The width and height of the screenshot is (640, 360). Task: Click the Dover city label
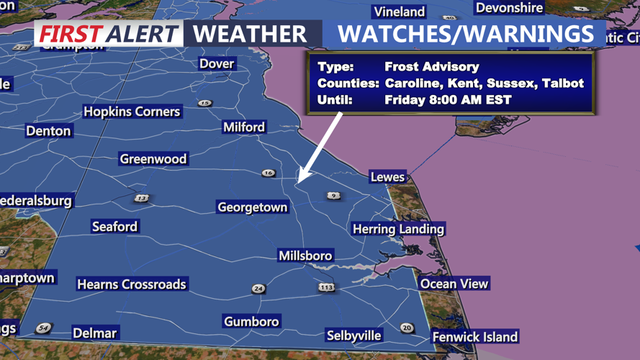click(x=217, y=63)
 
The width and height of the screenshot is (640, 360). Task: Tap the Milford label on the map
click(x=244, y=127)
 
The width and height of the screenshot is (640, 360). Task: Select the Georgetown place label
click(x=253, y=207)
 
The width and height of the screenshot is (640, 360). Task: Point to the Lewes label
click(x=387, y=177)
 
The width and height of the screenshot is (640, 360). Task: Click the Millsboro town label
click(x=306, y=256)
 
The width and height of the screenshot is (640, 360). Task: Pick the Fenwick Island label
click(x=474, y=336)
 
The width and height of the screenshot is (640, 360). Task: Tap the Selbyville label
click(x=354, y=336)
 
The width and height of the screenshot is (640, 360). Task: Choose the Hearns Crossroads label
click(x=132, y=284)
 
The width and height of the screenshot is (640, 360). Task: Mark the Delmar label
click(x=94, y=333)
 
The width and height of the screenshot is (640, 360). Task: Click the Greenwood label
click(x=153, y=159)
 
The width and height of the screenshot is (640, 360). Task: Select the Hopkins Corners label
click(x=132, y=112)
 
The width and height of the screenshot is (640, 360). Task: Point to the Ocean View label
click(x=454, y=284)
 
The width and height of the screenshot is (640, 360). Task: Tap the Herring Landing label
click(x=398, y=229)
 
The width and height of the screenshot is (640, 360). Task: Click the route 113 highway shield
click(x=327, y=287)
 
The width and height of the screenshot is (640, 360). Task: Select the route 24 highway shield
click(x=258, y=289)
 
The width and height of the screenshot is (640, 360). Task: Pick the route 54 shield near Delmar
click(x=43, y=328)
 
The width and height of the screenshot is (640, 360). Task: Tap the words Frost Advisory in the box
click(x=432, y=67)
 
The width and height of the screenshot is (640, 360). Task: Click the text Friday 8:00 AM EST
click(x=448, y=100)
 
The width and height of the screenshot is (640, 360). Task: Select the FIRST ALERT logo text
click(x=109, y=33)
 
